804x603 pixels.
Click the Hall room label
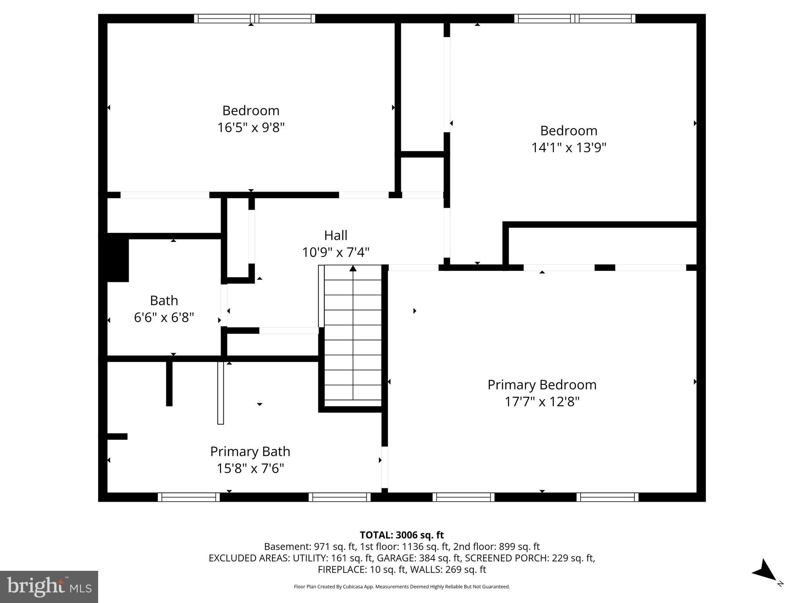point(336,236)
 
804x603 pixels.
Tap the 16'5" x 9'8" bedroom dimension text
point(251,128)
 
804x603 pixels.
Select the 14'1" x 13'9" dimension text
point(568,148)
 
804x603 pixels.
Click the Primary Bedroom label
point(542,385)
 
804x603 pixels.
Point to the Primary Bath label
point(250,451)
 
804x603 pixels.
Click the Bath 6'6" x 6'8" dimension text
point(164,318)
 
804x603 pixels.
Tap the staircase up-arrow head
point(353,269)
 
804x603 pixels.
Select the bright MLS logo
point(49,587)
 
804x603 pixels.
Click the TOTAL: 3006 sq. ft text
point(402,535)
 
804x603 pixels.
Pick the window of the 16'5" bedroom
point(254,18)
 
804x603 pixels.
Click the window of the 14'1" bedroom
point(575,18)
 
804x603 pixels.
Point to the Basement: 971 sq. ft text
point(310,546)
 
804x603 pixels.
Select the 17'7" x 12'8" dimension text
point(542,402)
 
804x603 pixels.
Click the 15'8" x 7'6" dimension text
point(250,469)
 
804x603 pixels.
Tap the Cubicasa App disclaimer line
point(402,587)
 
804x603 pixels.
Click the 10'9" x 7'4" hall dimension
point(336,252)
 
